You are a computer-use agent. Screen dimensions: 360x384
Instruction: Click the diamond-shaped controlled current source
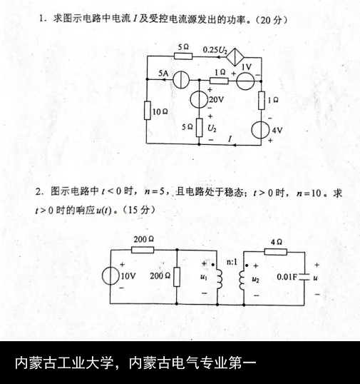pos(235,57)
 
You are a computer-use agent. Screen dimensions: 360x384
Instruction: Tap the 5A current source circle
pos(181,80)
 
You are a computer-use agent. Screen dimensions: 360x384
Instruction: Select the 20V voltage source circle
pos(199,99)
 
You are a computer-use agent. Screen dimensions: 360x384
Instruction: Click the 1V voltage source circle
pos(245,81)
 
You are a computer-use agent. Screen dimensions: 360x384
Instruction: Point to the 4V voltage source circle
pos(260,130)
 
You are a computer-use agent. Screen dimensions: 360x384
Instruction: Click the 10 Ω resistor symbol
pos(148,111)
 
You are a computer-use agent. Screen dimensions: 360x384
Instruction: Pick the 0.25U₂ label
pos(215,50)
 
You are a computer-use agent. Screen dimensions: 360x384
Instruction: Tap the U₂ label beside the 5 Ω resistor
pos(212,128)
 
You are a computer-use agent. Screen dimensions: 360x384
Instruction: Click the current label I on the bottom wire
pos(230,139)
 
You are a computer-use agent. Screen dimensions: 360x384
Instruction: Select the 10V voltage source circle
pos(110,276)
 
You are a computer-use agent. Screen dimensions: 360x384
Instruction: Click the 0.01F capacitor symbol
pos(304,277)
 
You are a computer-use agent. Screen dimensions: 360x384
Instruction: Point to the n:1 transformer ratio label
pos(232,262)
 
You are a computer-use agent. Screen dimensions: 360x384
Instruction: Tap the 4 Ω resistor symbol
pos(276,252)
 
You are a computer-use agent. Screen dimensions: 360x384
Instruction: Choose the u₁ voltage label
pos(203,277)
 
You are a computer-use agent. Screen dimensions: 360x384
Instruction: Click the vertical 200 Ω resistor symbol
pos(177,277)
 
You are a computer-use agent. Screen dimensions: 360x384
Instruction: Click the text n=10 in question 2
pos(309,193)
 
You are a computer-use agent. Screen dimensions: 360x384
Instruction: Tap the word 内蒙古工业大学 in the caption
pos(64,363)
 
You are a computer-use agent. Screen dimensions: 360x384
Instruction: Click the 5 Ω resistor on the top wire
pos(183,56)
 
